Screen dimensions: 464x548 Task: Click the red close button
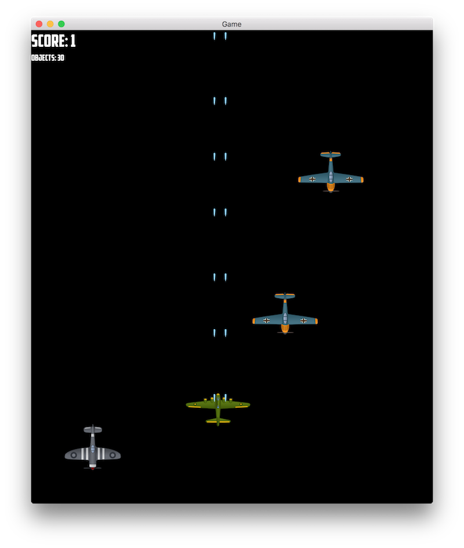click(39, 24)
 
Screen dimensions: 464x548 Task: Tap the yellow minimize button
click(50, 24)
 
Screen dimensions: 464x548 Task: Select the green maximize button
click(61, 24)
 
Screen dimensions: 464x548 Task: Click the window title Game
click(231, 24)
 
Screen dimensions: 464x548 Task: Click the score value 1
click(72, 41)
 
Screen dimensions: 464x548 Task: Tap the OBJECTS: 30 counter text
click(48, 58)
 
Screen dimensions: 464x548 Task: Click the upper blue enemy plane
click(331, 173)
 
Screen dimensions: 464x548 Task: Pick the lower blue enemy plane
click(285, 315)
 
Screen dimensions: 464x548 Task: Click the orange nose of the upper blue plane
click(331, 187)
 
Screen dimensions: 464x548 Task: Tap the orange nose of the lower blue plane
click(285, 328)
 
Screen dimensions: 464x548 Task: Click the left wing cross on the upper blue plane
click(312, 179)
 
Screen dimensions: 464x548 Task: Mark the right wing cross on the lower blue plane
click(303, 320)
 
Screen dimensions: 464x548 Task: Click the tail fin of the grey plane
click(93, 430)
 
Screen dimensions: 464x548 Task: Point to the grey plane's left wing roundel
click(74, 455)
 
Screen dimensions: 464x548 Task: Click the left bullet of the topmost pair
click(214, 36)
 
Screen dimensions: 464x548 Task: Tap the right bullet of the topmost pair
click(226, 36)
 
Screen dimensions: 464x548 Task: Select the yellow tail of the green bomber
click(218, 421)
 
